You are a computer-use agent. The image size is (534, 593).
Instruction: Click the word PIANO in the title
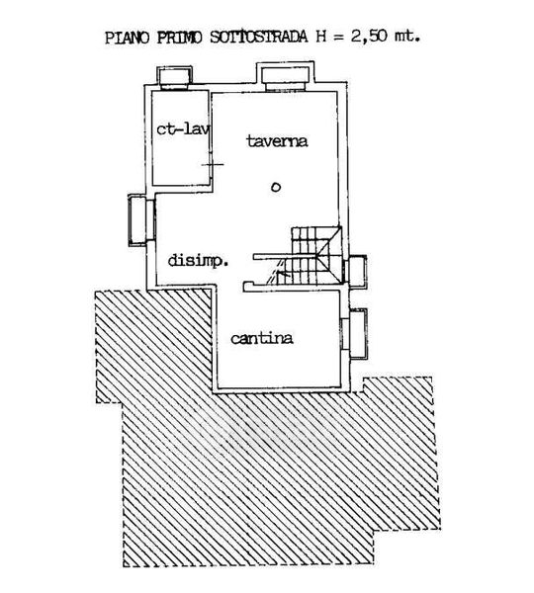click(128, 38)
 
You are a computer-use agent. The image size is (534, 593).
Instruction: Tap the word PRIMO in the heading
click(179, 38)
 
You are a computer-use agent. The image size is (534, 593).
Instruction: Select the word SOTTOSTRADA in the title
click(259, 38)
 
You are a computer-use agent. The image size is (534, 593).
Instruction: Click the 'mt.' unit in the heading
click(407, 37)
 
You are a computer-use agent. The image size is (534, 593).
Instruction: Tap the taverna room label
click(277, 141)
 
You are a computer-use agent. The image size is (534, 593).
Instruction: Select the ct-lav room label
click(183, 128)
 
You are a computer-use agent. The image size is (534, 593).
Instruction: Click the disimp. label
click(198, 261)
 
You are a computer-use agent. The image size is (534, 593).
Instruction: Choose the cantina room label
click(262, 338)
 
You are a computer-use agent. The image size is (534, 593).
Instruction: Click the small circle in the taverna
click(276, 187)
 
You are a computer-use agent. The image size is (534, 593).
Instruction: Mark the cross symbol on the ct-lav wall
click(213, 164)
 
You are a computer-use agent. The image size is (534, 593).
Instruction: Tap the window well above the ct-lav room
click(174, 77)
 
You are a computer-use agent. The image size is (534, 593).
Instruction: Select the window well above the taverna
click(286, 76)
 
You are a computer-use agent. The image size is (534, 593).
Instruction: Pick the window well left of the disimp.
click(140, 220)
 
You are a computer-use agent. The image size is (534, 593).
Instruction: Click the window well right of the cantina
click(355, 334)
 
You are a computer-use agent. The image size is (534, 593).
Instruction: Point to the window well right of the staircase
click(355, 271)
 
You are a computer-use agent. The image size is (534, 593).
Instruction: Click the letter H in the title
click(321, 38)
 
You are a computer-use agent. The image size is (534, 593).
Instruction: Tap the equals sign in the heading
click(338, 38)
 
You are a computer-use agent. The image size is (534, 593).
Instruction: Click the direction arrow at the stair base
click(283, 273)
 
